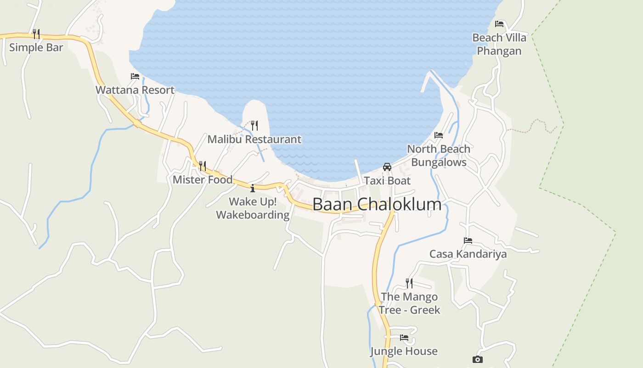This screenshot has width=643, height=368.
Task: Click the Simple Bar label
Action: (36, 47)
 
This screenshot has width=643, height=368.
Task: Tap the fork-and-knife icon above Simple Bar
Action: (36, 34)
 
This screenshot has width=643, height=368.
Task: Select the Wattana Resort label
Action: (135, 90)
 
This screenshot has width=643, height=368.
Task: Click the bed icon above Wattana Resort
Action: (135, 76)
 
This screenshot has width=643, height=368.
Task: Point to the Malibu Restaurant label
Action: (254, 139)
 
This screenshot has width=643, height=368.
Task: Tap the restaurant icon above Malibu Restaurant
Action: (254, 125)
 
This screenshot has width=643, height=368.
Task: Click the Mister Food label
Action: (203, 179)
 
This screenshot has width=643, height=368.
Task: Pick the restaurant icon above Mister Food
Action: (203, 166)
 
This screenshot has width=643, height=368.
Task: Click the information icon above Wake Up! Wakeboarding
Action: (253, 188)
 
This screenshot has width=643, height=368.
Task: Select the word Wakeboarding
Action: (253, 215)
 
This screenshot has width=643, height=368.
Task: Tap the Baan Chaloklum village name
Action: (377, 204)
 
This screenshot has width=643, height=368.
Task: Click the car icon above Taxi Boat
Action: (387, 167)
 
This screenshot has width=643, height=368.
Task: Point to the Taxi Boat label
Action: (387, 180)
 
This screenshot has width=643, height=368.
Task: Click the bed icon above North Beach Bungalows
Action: (439, 135)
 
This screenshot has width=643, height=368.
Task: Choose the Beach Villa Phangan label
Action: (499, 44)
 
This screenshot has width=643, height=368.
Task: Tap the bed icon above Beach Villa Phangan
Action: (499, 24)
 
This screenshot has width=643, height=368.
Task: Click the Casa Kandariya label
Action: (468, 254)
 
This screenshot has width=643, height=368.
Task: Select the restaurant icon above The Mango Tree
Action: (409, 283)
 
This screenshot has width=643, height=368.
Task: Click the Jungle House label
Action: (404, 351)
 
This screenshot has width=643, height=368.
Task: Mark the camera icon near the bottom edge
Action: (478, 359)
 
